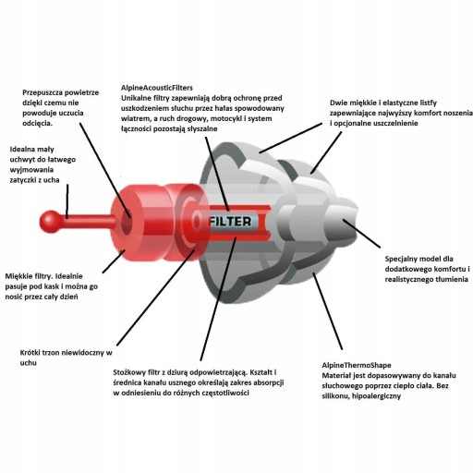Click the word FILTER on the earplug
pos(230,222)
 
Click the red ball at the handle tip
pos(51,222)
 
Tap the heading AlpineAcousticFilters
pos(157,88)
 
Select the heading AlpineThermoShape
pos(357,365)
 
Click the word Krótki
pos(30,353)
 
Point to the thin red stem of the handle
pos(89,222)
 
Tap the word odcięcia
pos(37,123)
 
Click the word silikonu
pos(335,396)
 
